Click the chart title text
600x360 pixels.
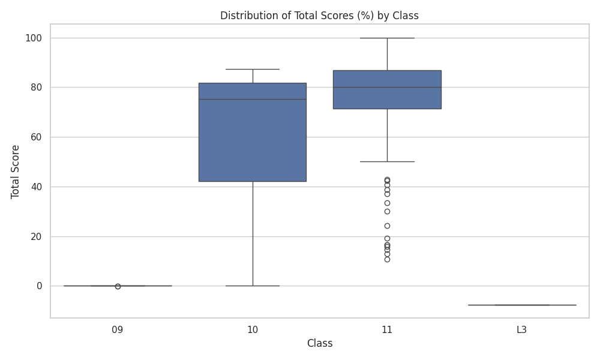pyautogui.click(x=319, y=16)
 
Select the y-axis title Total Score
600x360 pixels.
pyautogui.click(x=15, y=172)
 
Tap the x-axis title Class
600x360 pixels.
pyautogui.click(x=320, y=343)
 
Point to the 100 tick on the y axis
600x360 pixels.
pyautogui.click(x=34, y=38)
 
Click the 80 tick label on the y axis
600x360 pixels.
pyautogui.click(x=37, y=88)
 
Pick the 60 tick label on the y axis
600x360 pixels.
pyautogui.click(x=37, y=137)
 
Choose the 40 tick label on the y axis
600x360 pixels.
pyautogui.click(x=37, y=187)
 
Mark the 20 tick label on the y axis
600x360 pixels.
pyautogui.click(x=37, y=236)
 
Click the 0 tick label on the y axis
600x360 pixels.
pyautogui.click(x=39, y=286)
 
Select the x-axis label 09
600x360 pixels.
pyautogui.click(x=118, y=330)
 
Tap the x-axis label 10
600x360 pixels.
pyautogui.click(x=253, y=330)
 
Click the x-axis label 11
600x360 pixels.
pyautogui.click(x=387, y=330)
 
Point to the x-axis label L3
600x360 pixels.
pyautogui.click(x=522, y=330)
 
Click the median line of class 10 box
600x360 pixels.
pyautogui.click(x=253, y=100)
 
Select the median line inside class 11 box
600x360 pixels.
pyautogui.click(x=387, y=87)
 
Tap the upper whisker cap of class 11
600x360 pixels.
pyautogui.click(x=387, y=38)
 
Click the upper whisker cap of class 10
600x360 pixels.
pyautogui.click(x=253, y=69)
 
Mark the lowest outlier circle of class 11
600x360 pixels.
pyautogui.click(x=387, y=259)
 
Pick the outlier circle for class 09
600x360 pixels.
pyautogui.click(x=118, y=286)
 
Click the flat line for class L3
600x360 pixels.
pyautogui.click(x=522, y=305)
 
